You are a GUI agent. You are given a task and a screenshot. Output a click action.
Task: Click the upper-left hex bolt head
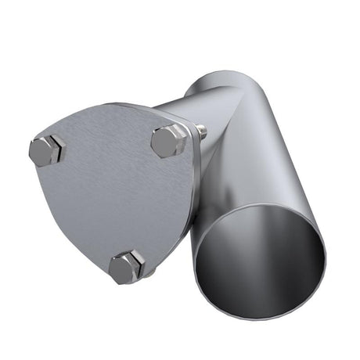46,149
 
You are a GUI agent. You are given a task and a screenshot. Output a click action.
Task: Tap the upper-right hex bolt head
167,141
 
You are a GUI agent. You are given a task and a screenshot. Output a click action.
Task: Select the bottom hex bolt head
124,268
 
